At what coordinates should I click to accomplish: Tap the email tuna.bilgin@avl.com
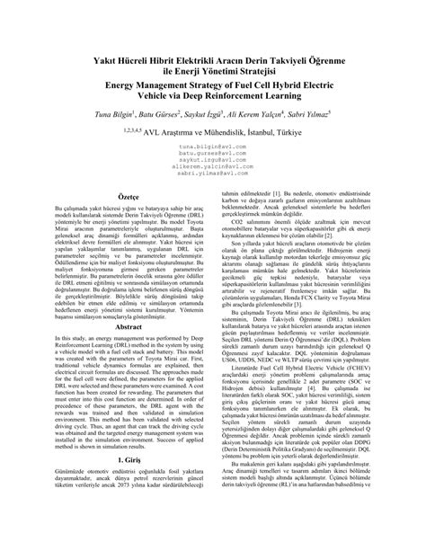(211, 169)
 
